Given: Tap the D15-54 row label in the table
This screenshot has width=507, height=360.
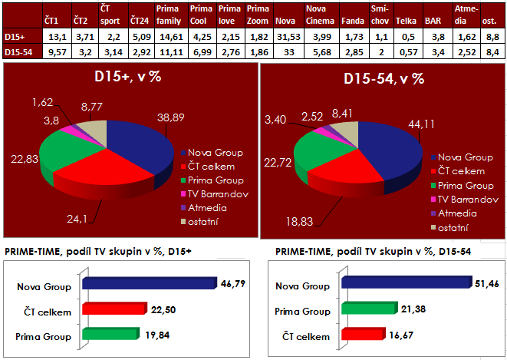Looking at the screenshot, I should tap(17, 51).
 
